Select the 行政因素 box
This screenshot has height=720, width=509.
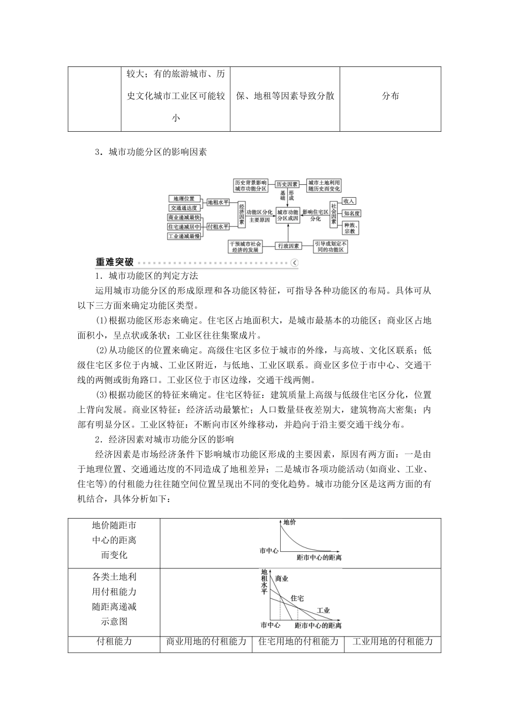(288, 246)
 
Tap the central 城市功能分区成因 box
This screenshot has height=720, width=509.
(288, 215)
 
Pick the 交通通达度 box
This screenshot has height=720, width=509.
(184, 208)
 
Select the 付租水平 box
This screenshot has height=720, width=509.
(218, 227)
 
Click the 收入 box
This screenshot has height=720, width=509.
(349, 200)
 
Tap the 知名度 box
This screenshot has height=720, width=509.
(352, 213)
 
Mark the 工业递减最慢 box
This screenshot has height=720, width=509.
(184, 236)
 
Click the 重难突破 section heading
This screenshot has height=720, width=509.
(115, 262)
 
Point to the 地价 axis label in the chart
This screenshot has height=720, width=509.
(289, 522)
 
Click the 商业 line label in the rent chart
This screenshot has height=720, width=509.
(281, 579)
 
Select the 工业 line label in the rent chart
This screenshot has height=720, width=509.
(323, 610)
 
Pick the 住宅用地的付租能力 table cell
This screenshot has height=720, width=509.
(298, 641)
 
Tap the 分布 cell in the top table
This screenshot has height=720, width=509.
(391, 96)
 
